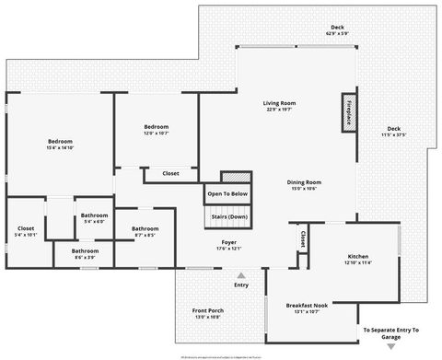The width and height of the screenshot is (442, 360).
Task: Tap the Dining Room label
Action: (303, 185)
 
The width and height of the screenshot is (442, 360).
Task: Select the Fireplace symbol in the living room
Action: (349, 112)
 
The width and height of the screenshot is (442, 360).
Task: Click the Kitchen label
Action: (358, 259)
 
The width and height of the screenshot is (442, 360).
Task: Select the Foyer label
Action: (228, 244)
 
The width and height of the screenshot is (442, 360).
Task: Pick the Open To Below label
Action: (227, 194)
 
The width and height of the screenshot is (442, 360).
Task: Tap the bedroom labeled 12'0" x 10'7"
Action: (156, 130)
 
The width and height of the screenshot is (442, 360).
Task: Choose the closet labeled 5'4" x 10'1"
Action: (26, 231)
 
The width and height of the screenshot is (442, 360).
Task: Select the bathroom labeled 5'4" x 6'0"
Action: (93, 218)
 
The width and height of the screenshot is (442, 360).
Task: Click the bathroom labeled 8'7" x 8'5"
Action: (144, 232)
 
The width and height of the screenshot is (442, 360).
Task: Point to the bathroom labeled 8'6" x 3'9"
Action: (86, 253)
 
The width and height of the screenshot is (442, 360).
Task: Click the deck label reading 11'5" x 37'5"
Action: (394, 131)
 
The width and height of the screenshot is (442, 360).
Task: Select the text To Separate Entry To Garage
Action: (390, 332)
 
